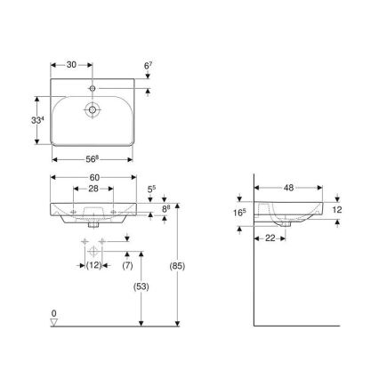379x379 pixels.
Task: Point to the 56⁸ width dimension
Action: (93, 160)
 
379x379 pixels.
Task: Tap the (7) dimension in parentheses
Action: (127, 267)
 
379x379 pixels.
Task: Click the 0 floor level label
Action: (53, 313)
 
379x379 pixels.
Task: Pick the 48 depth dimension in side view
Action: (290, 189)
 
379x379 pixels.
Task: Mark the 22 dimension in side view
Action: (268, 238)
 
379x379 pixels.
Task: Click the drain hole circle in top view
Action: (93, 111)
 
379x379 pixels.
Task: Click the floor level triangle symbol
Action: (54, 323)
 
